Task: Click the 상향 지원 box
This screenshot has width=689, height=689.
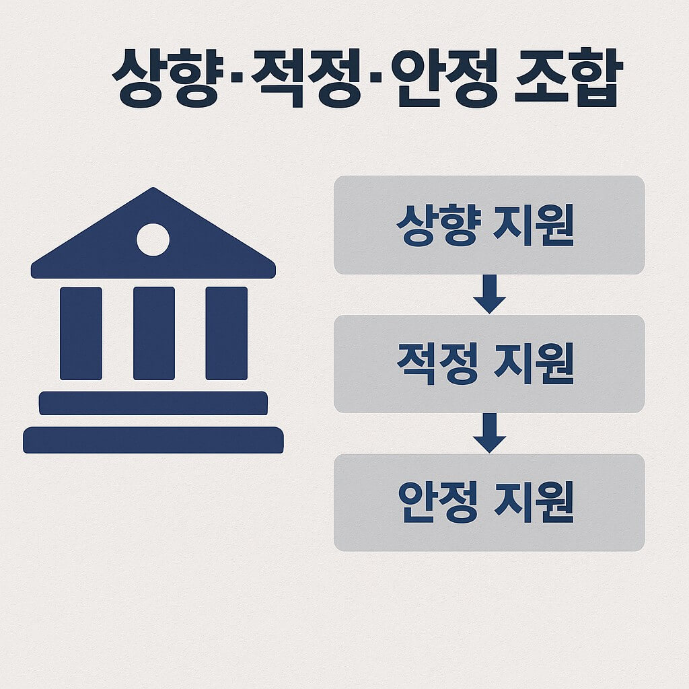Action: pyautogui.click(x=489, y=225)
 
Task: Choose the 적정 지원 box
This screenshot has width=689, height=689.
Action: pyautogui.click(x=489, y=364)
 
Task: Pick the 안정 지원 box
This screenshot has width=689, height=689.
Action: pyautogui.click(x=489, y=503)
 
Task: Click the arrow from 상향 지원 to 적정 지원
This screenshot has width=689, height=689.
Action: pyautogui.click(x=489, y=294)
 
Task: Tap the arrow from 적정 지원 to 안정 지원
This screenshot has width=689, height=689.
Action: pyautogui.click(x=489, y=433)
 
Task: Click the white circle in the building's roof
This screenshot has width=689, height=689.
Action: pyautogui.click(x=153, y=240)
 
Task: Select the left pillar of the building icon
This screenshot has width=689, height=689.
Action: pyautogui.click(x=81, y=333)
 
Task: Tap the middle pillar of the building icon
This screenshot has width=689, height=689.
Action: pyautogui.click(x=153, y=333)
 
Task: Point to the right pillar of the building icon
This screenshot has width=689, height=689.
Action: pyautogui.click(x=226, y=333)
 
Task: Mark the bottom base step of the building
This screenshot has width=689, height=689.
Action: pyautogui.click(x=153, y=440)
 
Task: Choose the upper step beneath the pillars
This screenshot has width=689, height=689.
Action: pyautogui.click(x=153, y=403)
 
